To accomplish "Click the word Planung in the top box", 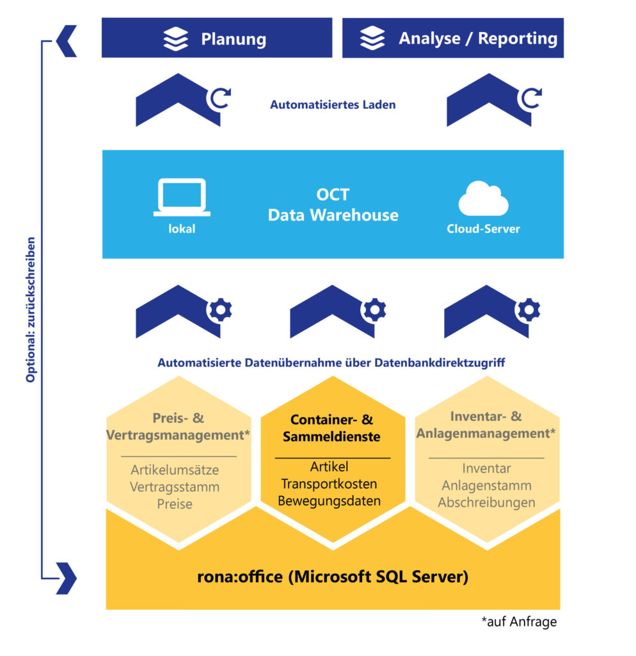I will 234,39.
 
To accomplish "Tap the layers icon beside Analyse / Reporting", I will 372,38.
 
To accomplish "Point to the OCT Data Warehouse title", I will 333,205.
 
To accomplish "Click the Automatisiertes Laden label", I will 333,104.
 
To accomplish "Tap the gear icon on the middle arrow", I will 374,310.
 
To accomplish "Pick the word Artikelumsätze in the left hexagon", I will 175,470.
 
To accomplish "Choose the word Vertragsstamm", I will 175,487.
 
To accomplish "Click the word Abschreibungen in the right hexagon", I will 486,502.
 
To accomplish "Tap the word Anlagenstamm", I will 486,486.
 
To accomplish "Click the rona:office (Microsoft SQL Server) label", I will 333,577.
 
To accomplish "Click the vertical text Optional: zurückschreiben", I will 30,311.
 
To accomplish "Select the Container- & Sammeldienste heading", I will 332,428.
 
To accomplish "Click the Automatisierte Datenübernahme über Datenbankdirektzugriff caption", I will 331,363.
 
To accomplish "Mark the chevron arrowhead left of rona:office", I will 67,578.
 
